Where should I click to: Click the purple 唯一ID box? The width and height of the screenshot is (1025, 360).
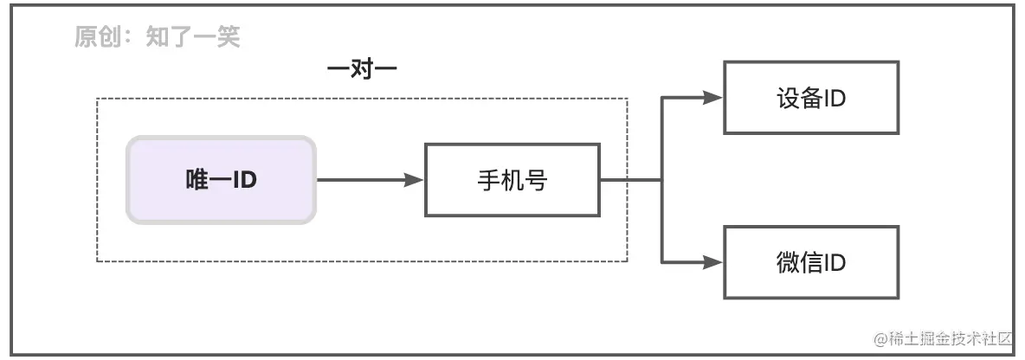[222, 180]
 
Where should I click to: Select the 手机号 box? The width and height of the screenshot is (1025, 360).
[512, 180]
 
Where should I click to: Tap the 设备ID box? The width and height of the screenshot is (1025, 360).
[811, 97]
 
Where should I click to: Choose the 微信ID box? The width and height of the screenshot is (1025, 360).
[811, 262]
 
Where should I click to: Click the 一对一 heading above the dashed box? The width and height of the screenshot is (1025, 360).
[362, 70]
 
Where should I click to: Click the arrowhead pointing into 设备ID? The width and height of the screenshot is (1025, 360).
[712, 97]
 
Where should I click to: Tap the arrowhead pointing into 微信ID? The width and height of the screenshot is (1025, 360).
[712, 262]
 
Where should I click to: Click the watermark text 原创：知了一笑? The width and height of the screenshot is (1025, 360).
[157, 37]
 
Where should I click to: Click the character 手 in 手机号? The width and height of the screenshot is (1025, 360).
[488, 180]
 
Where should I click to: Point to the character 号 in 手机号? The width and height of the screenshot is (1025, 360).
[536, 180]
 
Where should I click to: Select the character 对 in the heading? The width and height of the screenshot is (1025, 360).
[362, 70]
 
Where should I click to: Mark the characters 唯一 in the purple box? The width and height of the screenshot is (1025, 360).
[207, 180]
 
